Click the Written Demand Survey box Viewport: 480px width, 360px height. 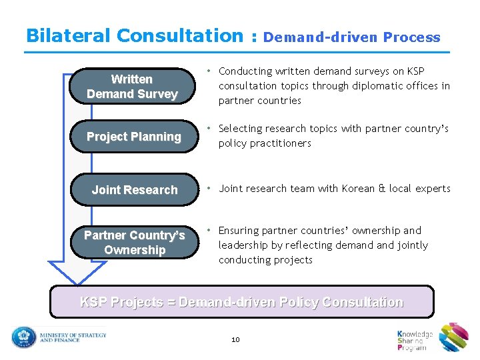(x=132, y=87)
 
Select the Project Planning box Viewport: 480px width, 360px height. (x=134, y=137)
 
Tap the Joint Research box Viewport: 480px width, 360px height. (x=135, y=190)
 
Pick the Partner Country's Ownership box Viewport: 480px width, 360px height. (x=134, y=243)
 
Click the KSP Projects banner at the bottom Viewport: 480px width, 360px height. (x=242, y=302)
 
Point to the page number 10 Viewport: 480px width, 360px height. (x=235, y=339)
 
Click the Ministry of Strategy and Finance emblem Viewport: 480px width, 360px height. (x=23, y=337)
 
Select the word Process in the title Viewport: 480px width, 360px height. (x=411, y=38)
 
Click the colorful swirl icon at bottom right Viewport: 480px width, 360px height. (x=454, y=337)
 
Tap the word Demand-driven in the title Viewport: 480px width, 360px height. (x=321, y=38)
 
